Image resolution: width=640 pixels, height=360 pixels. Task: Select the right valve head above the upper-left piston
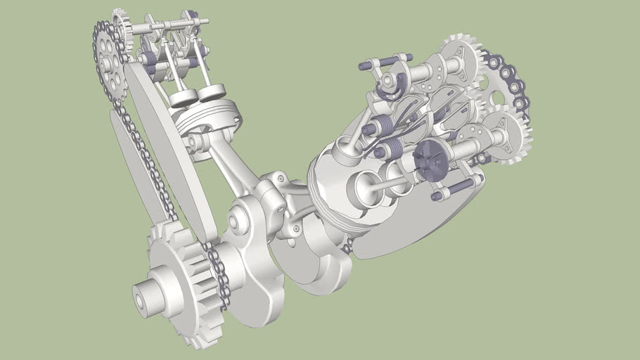[x=211, y=92]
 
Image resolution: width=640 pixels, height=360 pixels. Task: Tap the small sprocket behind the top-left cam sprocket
[x=121, y=24]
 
